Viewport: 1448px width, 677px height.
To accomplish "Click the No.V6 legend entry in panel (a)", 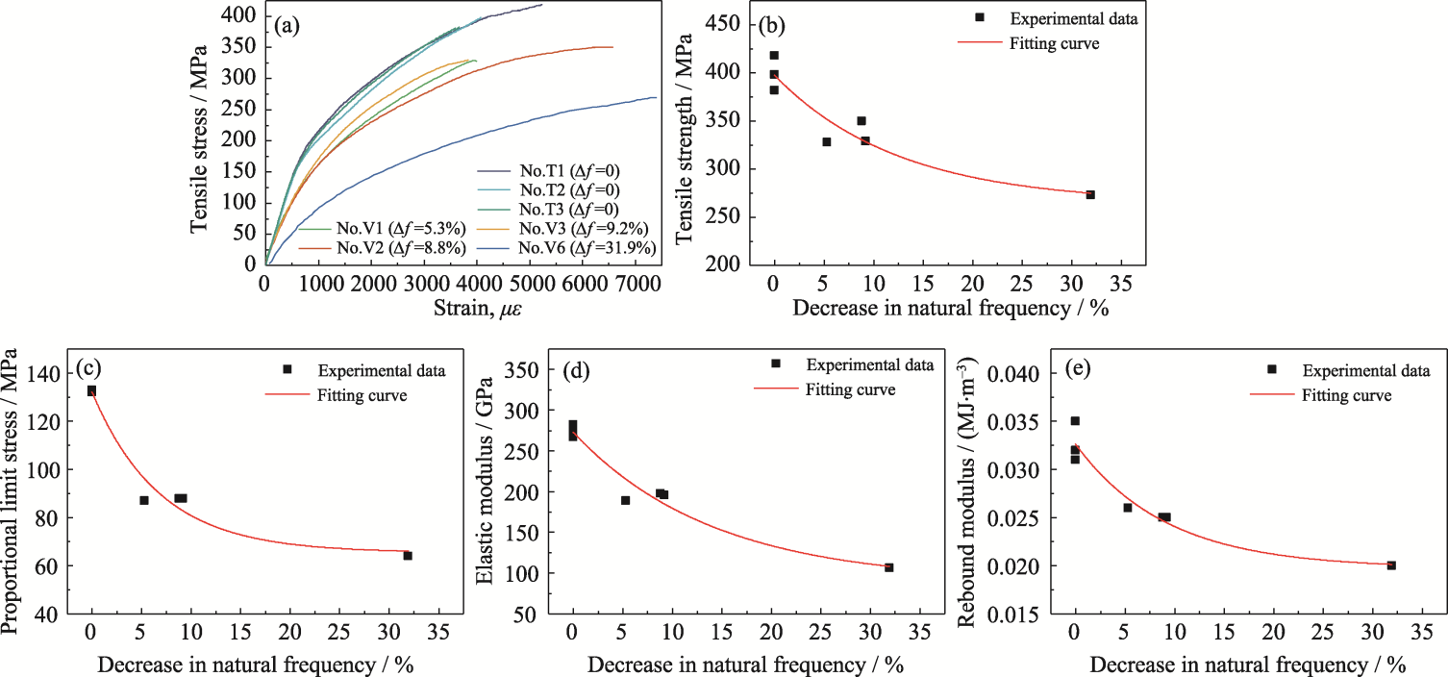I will [x=587, y=248].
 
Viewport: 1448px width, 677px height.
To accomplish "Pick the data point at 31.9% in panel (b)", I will [x=1090, y=194].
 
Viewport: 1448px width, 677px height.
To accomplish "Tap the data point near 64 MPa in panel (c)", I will [x=408, y=555].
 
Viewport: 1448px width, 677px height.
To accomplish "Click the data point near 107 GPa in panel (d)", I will [x=888, y=567].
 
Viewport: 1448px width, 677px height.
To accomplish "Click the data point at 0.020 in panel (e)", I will [x=1391, y=565].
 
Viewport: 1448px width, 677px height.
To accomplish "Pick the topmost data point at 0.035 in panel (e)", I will [x=1075, y=420].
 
